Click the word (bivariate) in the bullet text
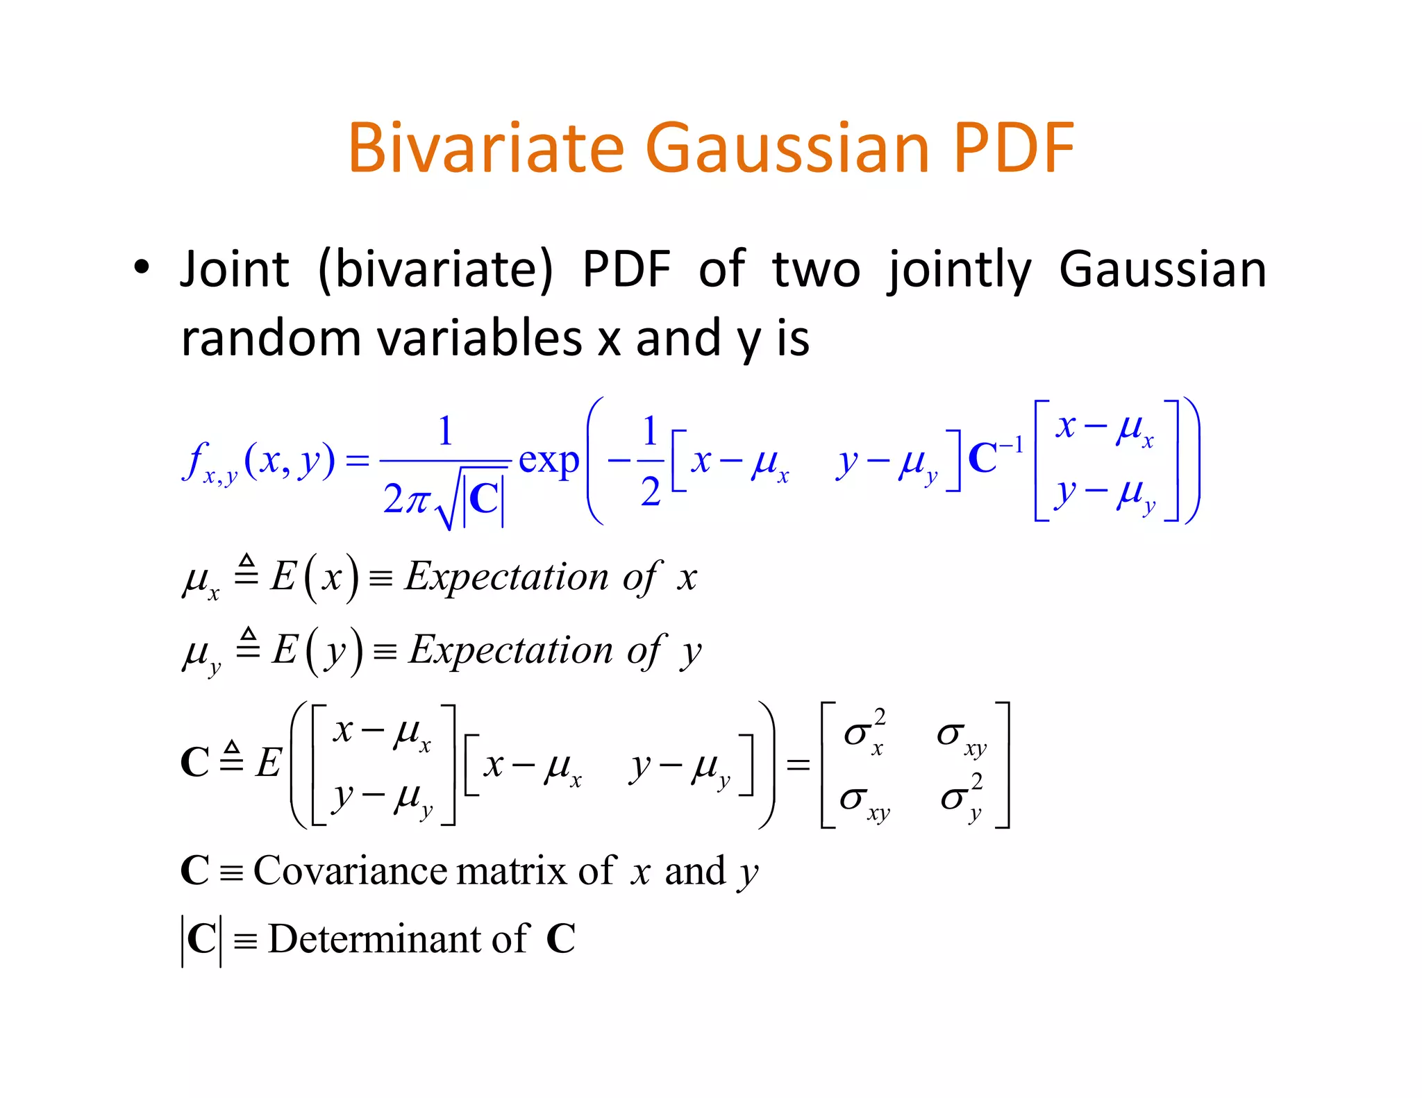(435, 269)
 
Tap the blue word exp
(549, 460)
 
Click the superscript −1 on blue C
(1010, 445)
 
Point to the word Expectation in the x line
(507, 576)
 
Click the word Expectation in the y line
(511, 650)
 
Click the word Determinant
(373, 939)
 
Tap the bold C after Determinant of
(561, 939)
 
